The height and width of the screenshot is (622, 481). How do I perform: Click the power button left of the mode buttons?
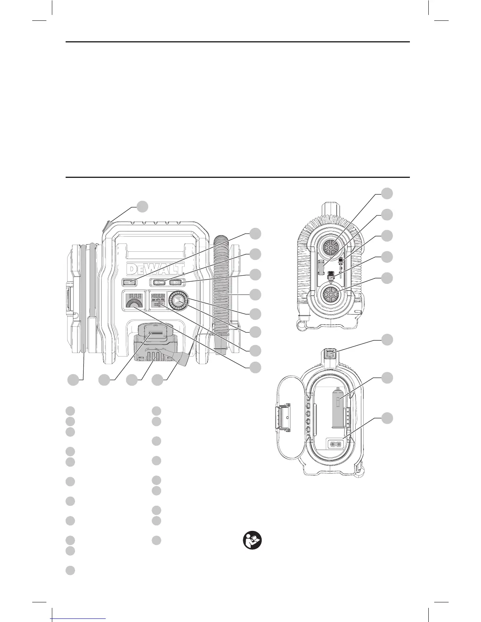click(x=129, y=282)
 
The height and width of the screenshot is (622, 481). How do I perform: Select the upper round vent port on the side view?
click(x=330, y=248)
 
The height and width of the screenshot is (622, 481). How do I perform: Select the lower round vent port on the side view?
click(x=330, y=294)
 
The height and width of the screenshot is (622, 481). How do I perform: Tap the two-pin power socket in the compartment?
click(x=336, y=443)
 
